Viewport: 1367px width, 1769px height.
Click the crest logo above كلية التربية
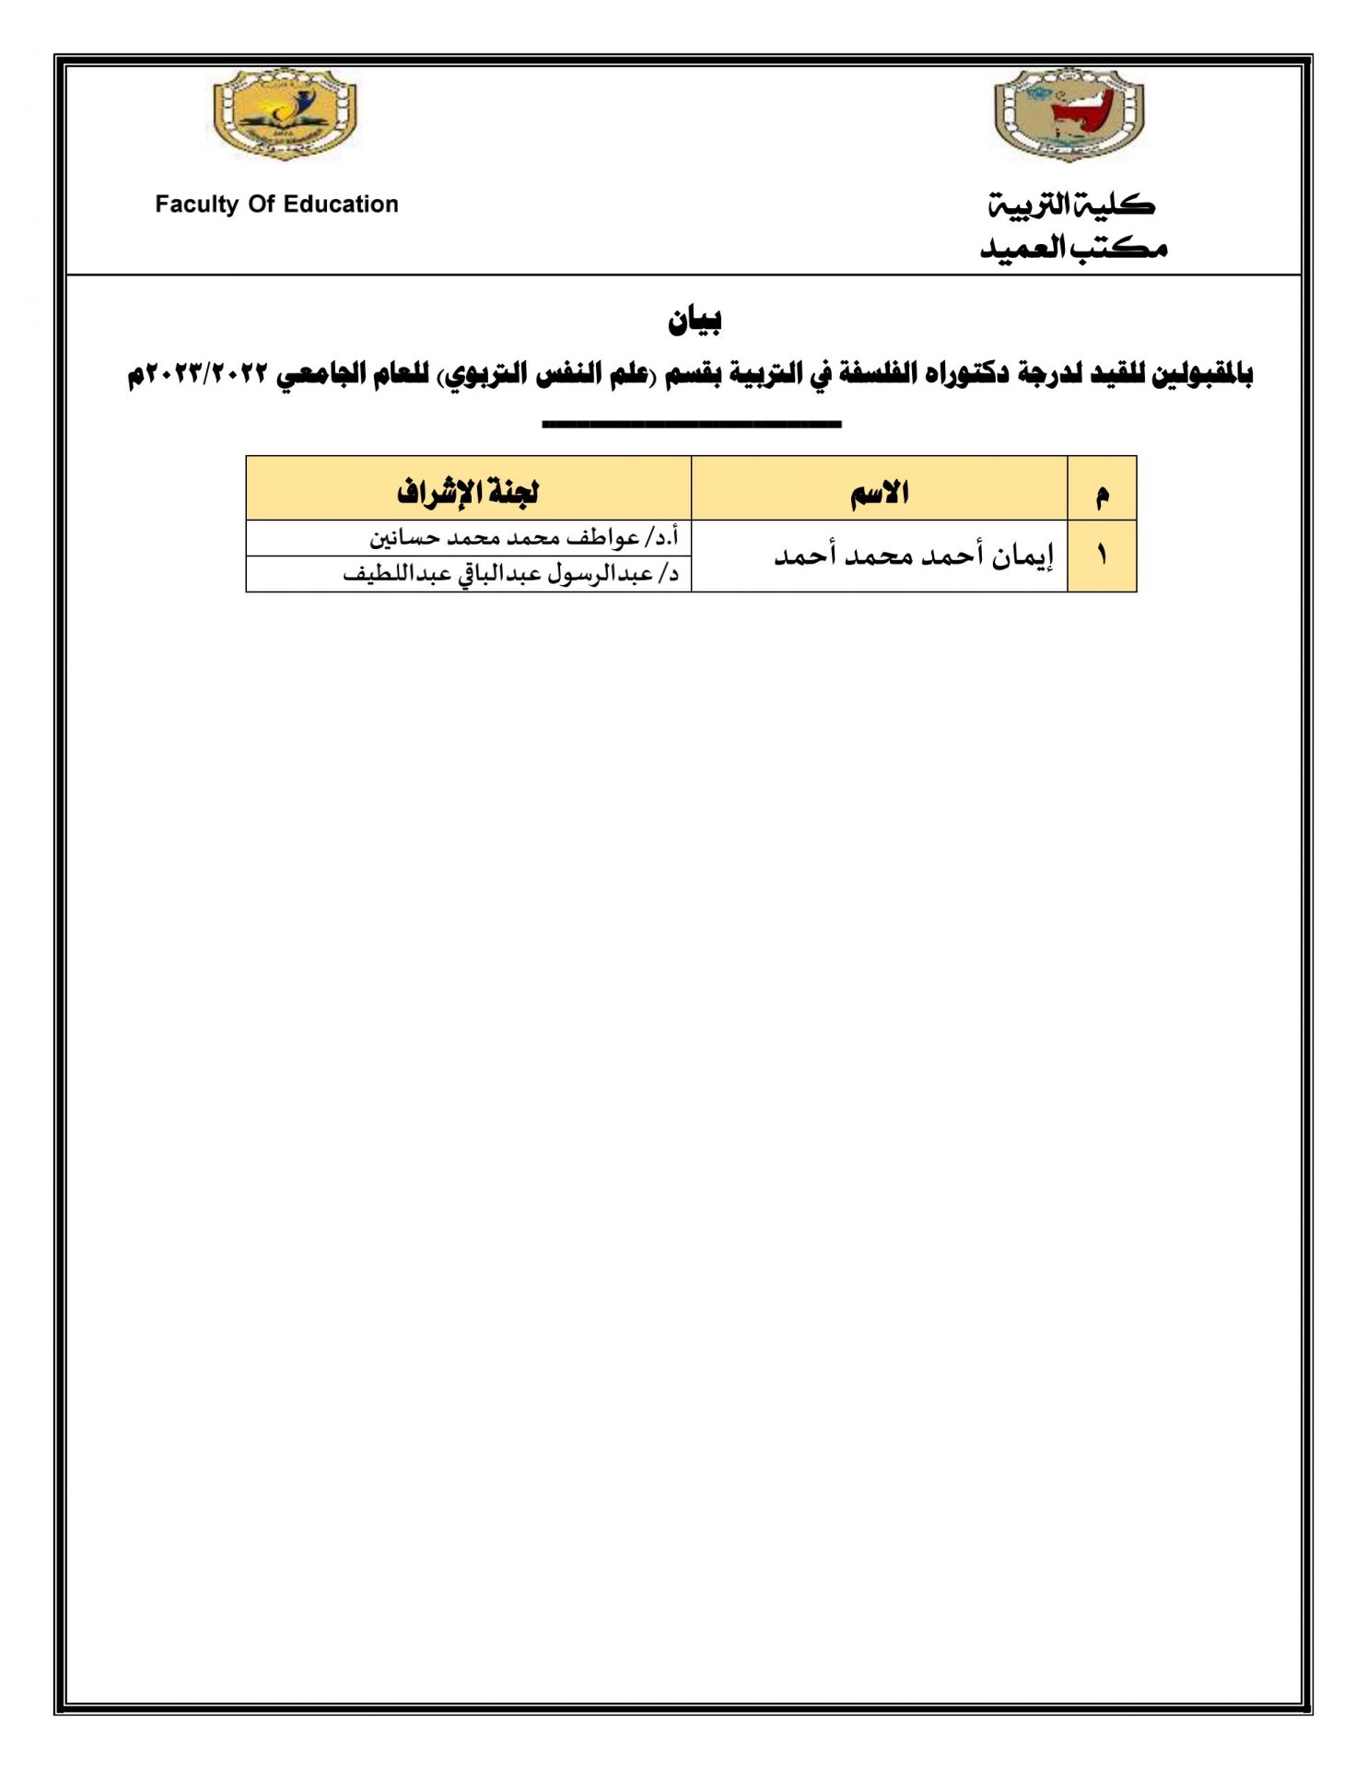click(1069, 116)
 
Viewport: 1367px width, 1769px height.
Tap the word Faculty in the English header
click(196, 205)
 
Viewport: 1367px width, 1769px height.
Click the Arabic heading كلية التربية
click(1071, 205)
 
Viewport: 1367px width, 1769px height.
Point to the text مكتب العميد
click(1073, 248)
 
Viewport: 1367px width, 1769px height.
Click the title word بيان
click(695, 320)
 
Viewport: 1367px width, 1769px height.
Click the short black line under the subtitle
click(691, 425)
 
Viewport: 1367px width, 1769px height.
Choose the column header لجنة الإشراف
click(468, 492)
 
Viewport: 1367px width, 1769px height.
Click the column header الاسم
click(880, 492)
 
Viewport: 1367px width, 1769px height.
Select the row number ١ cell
click(1102, 556)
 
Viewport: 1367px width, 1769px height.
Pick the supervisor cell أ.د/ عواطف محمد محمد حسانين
click(523, 537)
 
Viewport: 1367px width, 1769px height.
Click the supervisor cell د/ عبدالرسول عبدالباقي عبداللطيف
click(511, 574)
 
